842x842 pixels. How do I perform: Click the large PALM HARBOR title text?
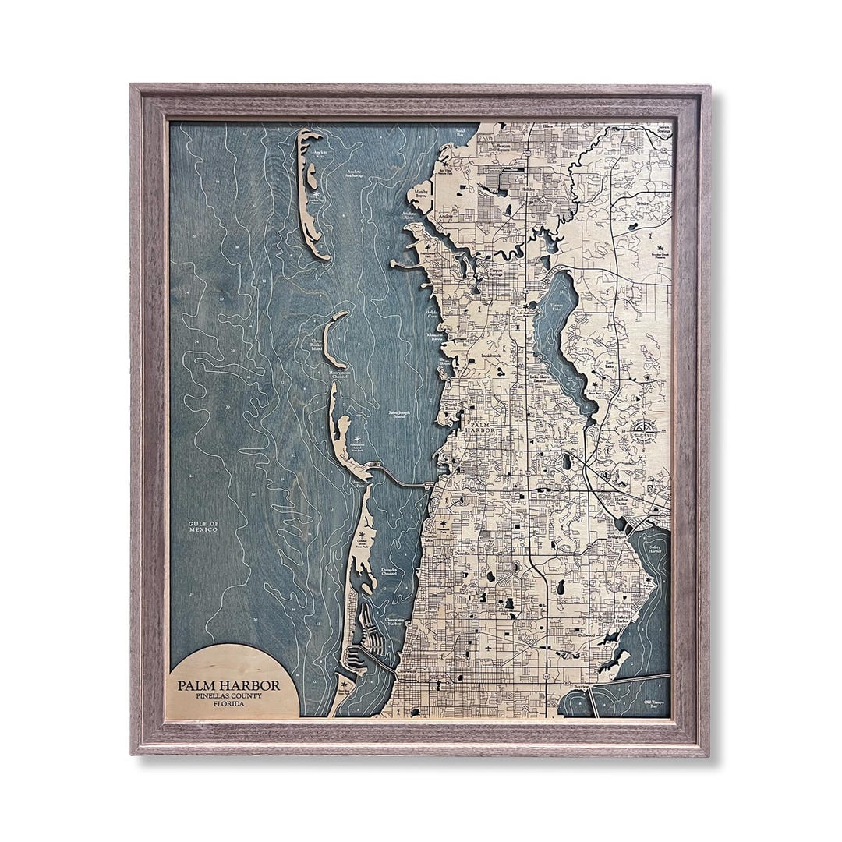(235, 685)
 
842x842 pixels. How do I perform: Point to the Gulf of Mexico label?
(203, 526)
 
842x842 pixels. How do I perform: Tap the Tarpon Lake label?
(556, 306)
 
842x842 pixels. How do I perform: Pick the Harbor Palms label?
(621, 502)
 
